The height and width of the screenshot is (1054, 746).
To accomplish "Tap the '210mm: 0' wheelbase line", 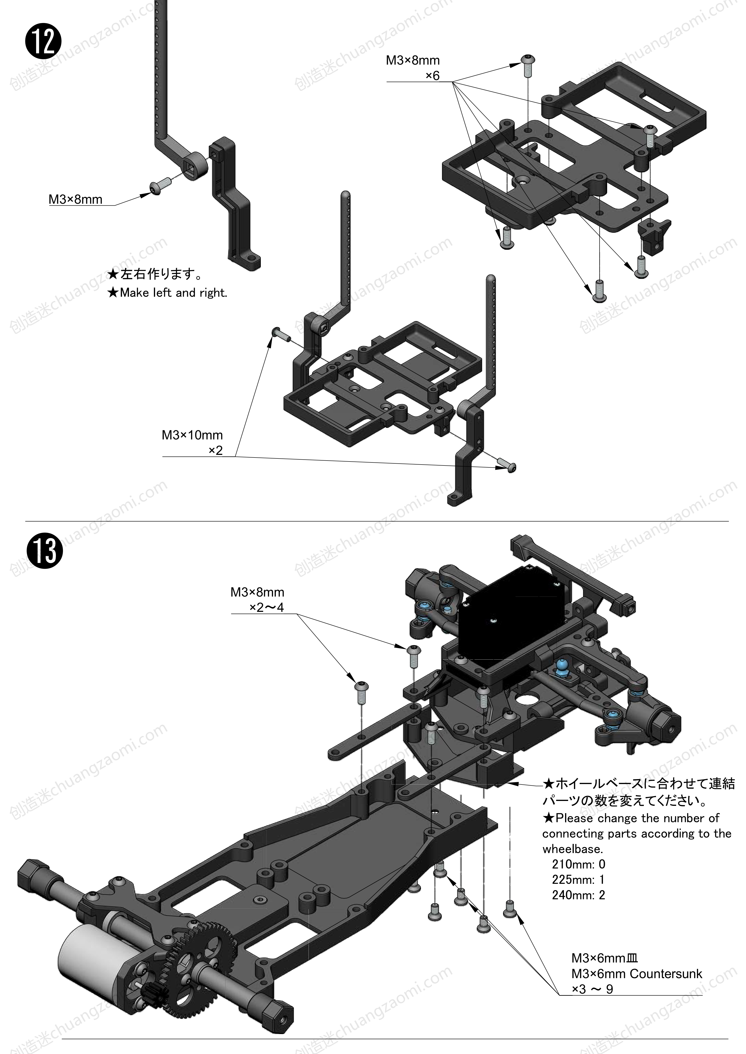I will [x=578, y=864].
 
